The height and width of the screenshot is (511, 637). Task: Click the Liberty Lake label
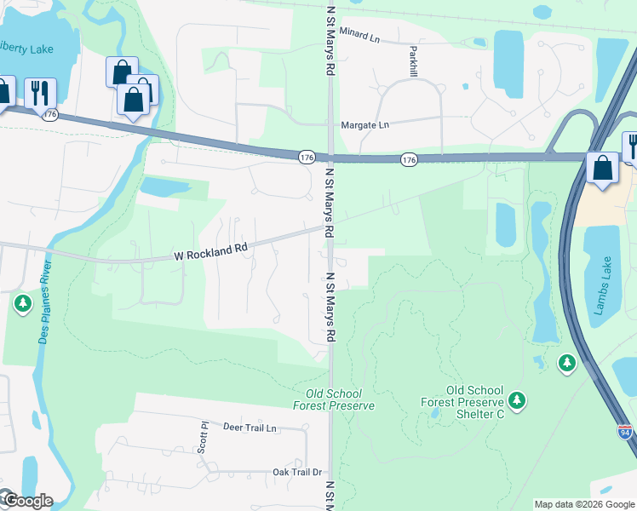(x=26, y=49)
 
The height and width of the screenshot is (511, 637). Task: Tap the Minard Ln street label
(x=359, y=35)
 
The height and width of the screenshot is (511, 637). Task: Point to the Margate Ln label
(x=364, y=125)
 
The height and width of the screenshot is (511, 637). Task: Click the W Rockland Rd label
(x=210, y=250)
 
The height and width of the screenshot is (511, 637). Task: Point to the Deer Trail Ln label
(x=250, y=428)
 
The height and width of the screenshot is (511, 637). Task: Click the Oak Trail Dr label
(x=296, y=472)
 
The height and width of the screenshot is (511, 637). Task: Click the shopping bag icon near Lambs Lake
(x=603, y=168)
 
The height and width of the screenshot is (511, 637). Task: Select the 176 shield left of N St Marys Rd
(x=307, y=157)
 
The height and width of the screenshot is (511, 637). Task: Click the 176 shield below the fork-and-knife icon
(x=50, y=114)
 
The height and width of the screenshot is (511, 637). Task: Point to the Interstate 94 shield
(x=624, y=432)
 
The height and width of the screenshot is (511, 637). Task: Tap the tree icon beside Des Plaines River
(x=23, y=303)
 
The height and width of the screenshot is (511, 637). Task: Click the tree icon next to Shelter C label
(x=515, y=399)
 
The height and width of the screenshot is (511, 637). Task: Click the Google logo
(x=26, y=501)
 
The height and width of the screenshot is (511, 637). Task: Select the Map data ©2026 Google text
(x=583, y=504)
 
